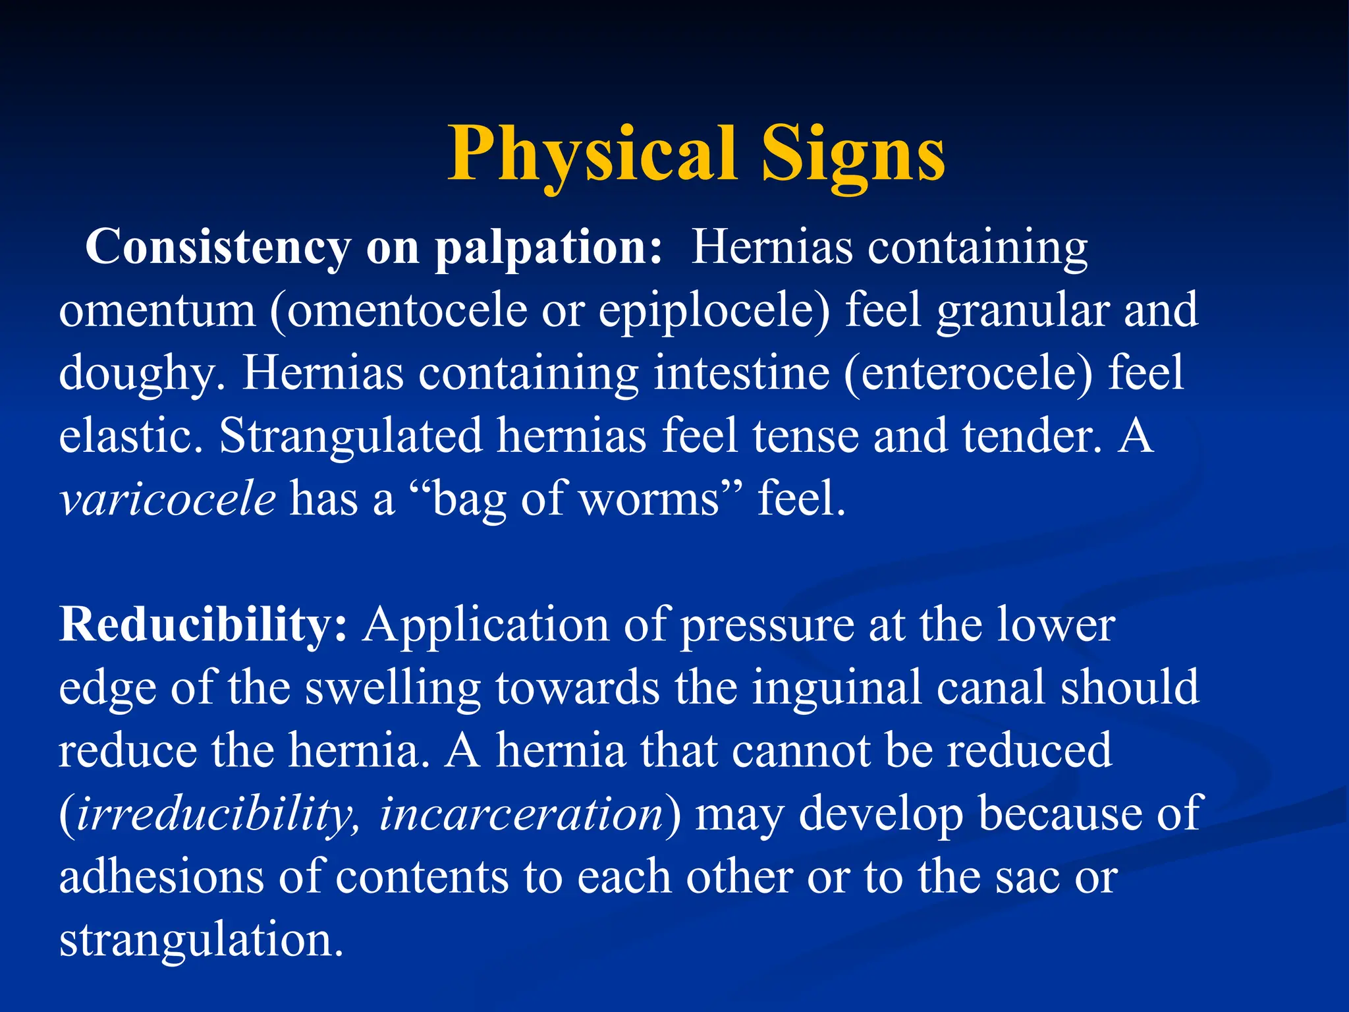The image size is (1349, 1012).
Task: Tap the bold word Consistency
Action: (217, 247)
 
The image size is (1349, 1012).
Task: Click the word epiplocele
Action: (709, 310)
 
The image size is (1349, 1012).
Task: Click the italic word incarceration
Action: (520, 813)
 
